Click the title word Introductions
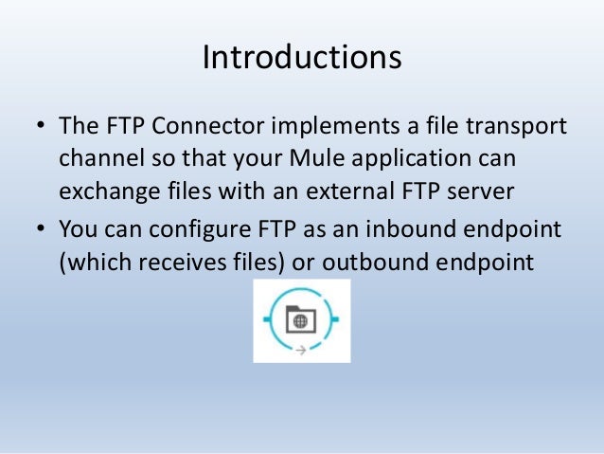pos(302,57)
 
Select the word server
pos(479,191)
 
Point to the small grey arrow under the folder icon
pos(300,350)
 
